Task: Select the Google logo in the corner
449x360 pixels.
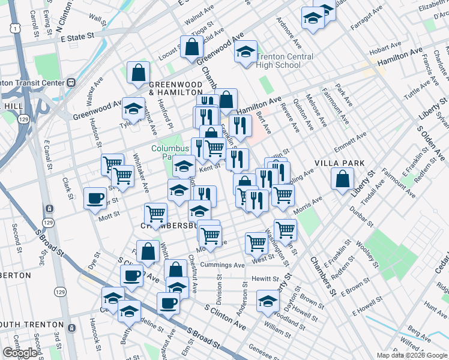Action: [x=20, y=353]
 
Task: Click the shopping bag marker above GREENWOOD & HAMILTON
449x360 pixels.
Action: [x=138, y=73]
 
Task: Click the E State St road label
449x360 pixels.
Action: [x=78, y=37]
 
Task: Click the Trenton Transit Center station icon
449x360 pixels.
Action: [x=71, y=82]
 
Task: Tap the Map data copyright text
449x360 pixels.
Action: [x=411, y=355]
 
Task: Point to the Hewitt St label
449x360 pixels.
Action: [x=265, y=279]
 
